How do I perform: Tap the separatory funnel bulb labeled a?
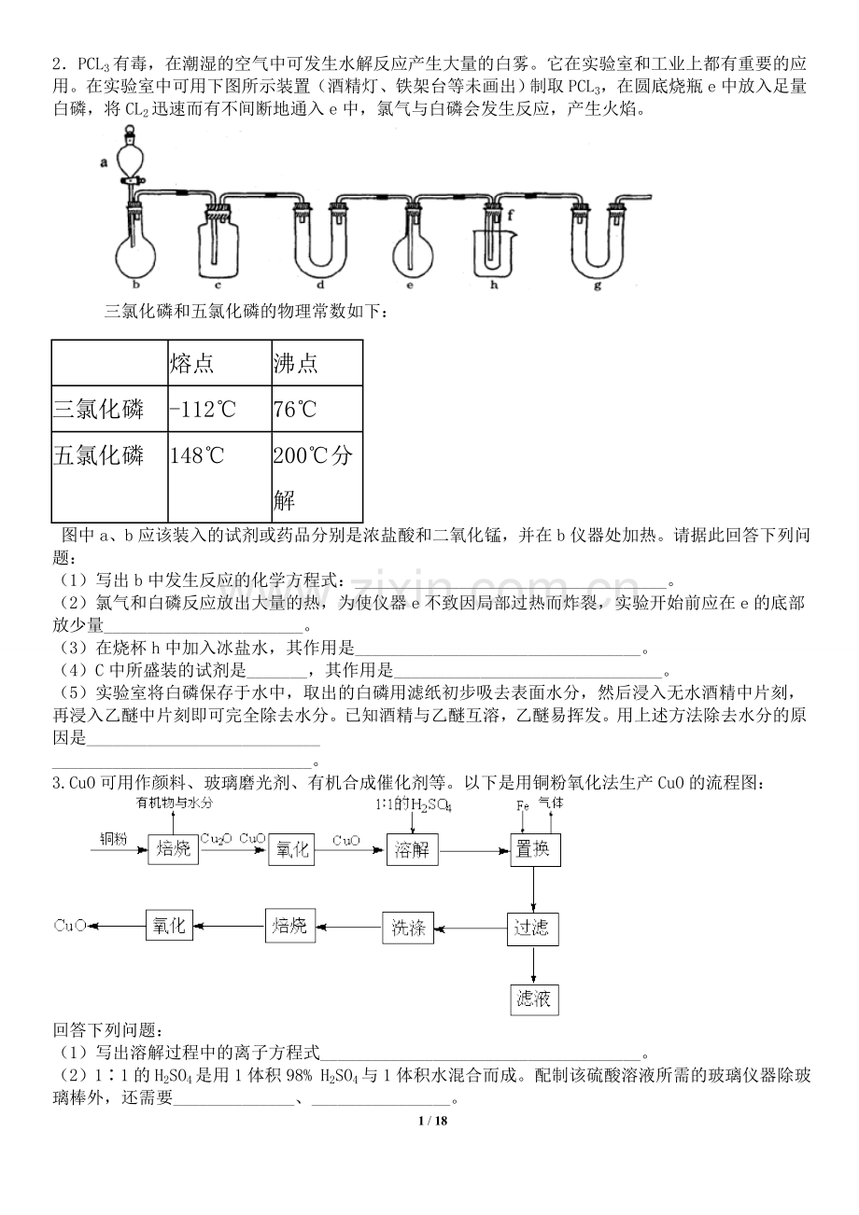pyautogui.click(x=131, y=158)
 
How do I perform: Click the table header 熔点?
pyautogui.click(x=192, y=362)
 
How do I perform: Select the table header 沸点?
pyautogui.click(x=295, y=362)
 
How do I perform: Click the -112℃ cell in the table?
pyautogui.click(x=204, y=409)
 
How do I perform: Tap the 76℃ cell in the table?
pyautogui.click(x=296, y=409)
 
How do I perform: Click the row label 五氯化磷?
pyautogui.click(x=99, y=455)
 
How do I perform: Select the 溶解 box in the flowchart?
pyautogui.click(x=412, y=847)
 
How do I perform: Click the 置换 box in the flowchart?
pyautogui.click(x=535, y=847)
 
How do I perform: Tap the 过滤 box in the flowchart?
pyautogui.click(x=533, y=928)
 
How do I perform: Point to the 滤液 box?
pyautogui.click(x=533, y=999)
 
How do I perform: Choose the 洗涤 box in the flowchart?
pyautogui.click(x=409, y=928)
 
